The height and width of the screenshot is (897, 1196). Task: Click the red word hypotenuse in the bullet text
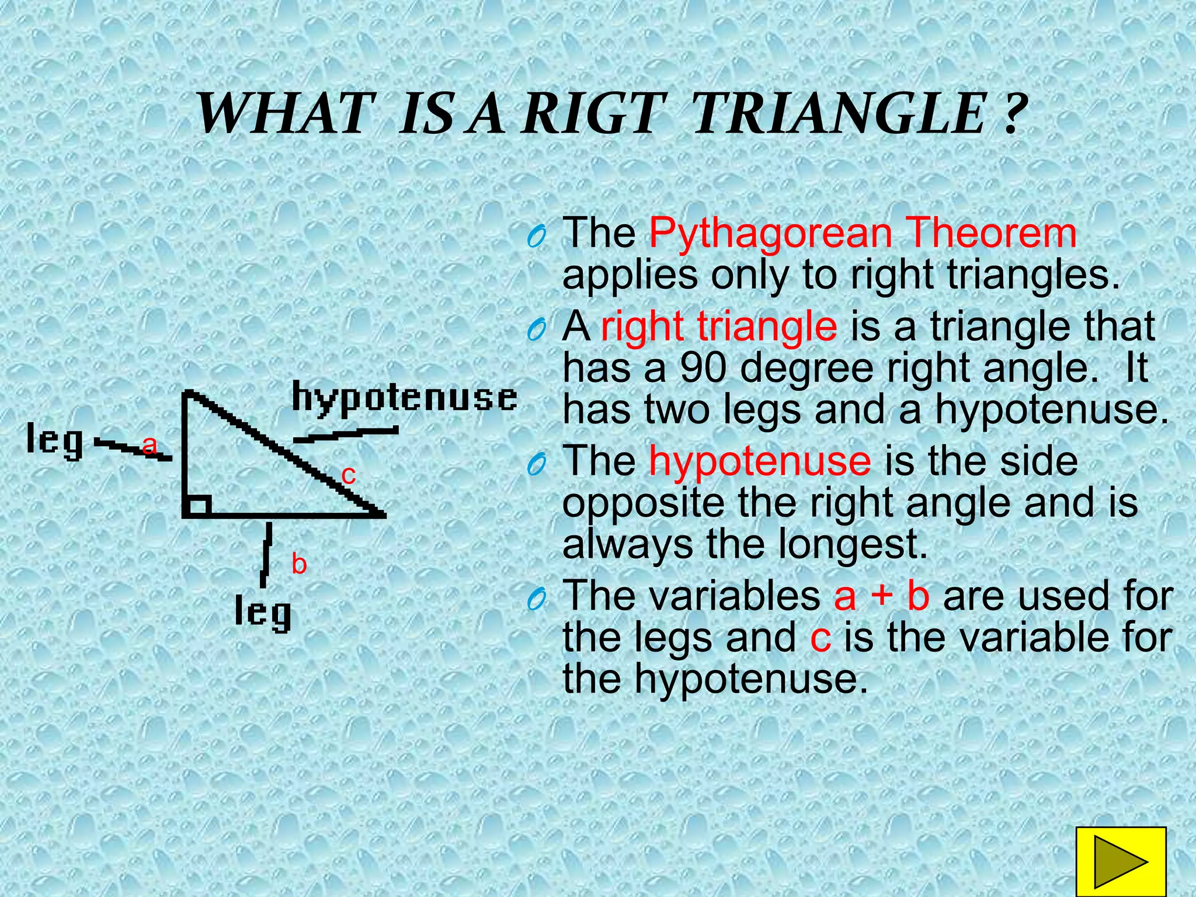pos(760,461)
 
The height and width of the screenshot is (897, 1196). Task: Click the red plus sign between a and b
pos(882,596)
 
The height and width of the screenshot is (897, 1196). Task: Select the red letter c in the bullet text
pos(820,638)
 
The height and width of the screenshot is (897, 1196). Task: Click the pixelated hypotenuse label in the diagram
pos(404,399)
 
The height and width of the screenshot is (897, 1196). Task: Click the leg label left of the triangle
pos(55,441)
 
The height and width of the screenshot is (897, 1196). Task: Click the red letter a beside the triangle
pos(150,446)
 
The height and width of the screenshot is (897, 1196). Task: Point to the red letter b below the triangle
pos(299,564)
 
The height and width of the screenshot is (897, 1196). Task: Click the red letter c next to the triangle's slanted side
pos(349,475)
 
